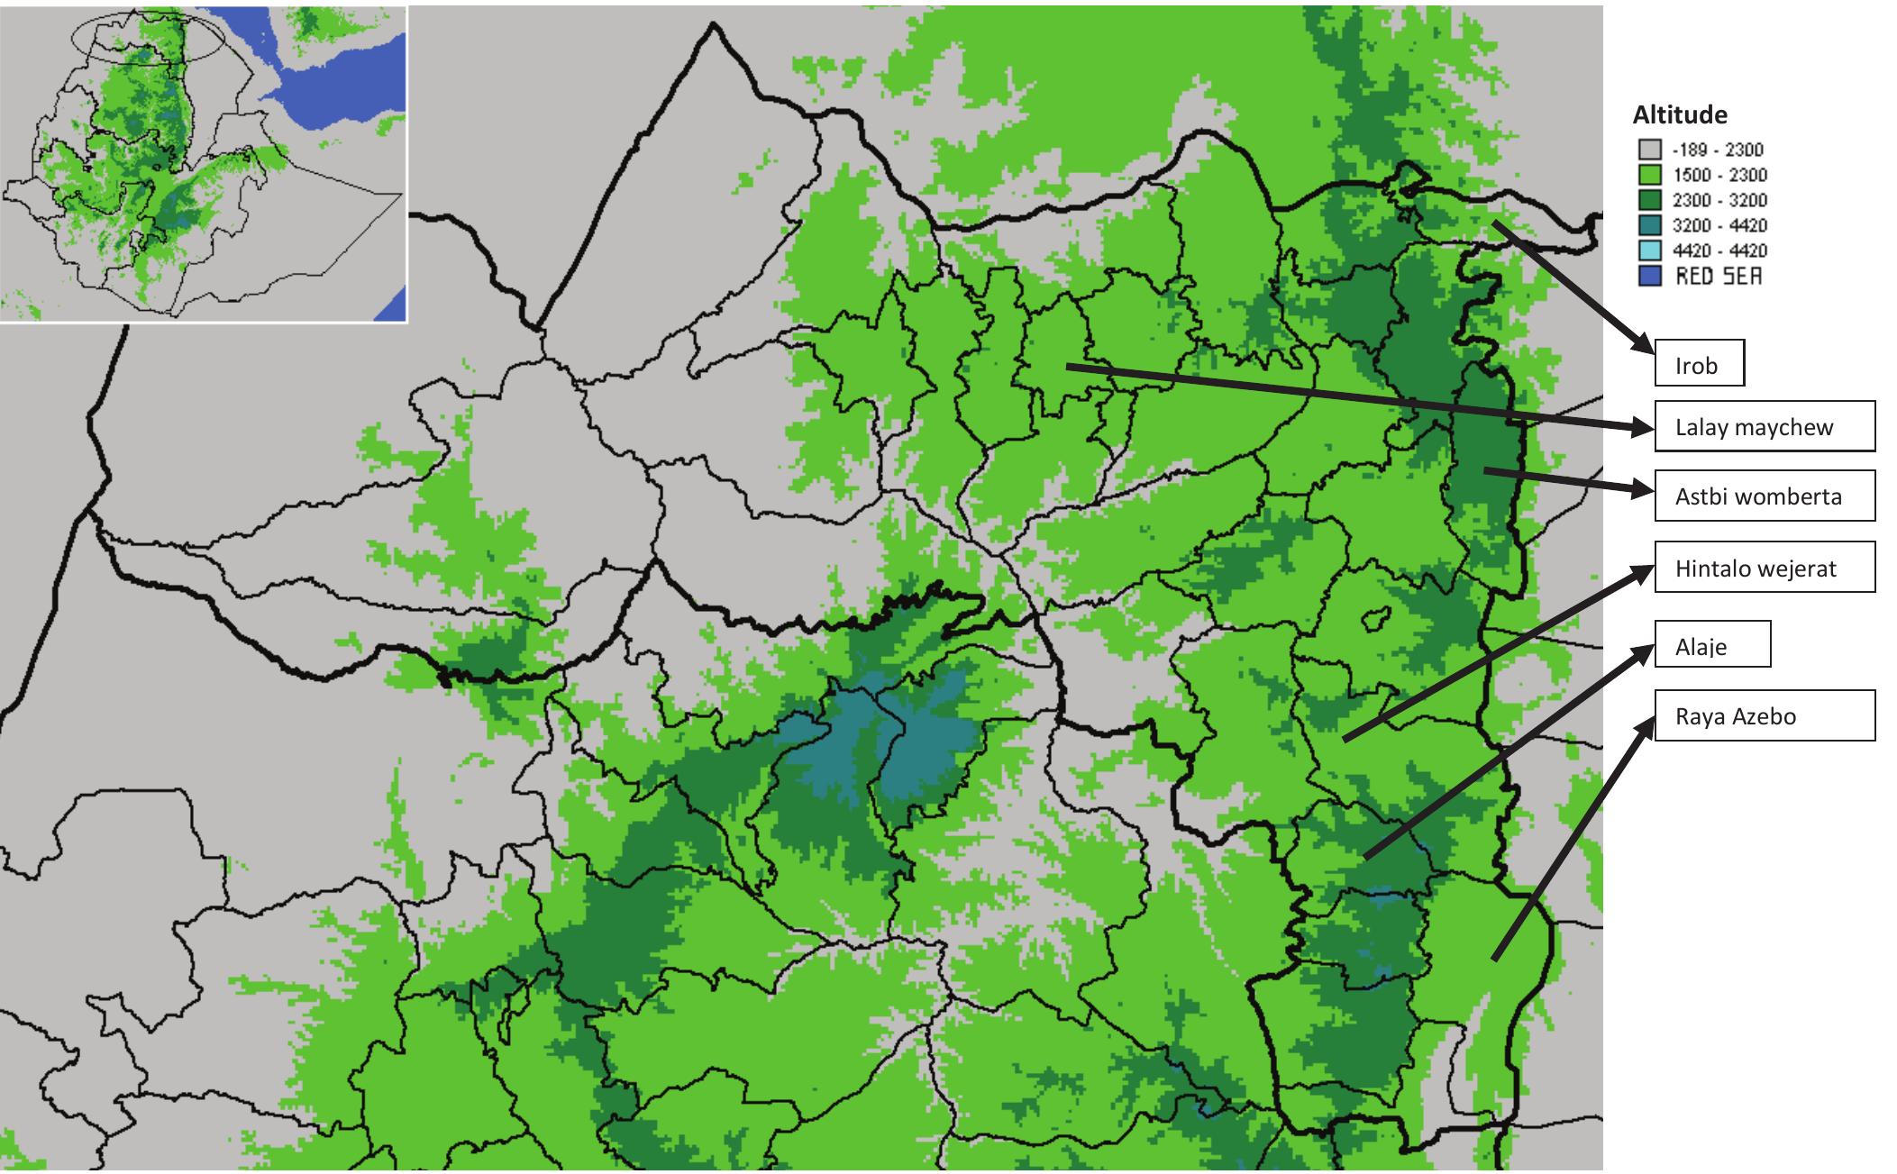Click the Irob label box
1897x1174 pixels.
(1699, 363)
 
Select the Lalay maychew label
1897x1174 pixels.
(1764, 426)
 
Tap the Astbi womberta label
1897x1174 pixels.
(1764, 496)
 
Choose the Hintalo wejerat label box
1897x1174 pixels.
(1764, 568)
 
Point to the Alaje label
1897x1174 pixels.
(1711, 644)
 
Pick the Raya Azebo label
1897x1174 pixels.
(1764, 715)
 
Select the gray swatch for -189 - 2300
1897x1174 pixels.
(1648, 150)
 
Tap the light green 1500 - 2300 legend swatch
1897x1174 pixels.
(1648, 175)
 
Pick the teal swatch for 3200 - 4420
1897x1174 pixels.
(1648, 225)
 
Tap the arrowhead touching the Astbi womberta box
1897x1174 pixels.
(1643, 489)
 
